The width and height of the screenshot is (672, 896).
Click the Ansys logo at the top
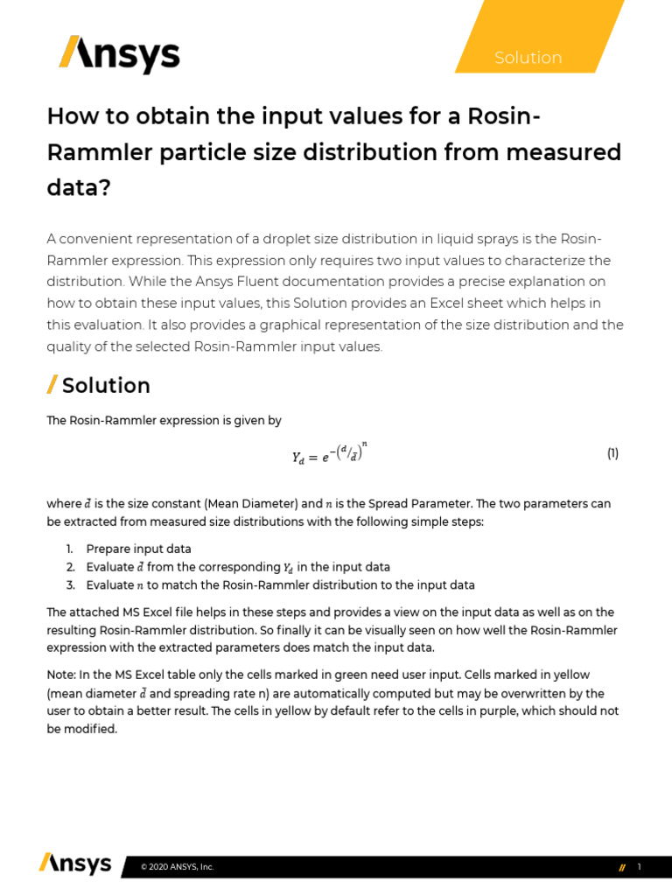coord(119,54)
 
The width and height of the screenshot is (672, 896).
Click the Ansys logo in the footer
coord(75,864)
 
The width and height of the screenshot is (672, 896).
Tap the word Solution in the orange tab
coord(528,58)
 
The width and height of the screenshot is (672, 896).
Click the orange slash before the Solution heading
coord(52,385)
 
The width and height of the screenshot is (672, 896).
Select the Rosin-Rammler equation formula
coord(335,454)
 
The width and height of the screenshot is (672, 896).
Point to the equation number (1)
coord(612,453)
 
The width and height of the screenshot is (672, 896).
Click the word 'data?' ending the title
coord(78,187)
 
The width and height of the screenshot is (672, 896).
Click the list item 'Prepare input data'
coord(138,549)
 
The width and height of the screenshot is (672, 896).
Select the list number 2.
coord(69,567)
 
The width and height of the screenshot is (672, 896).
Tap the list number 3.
coord(69,584)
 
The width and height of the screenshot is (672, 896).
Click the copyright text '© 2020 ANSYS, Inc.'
coord(178,867)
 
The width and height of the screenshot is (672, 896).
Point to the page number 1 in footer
coord(640,866)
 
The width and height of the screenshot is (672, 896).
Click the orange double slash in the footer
coord(621,867)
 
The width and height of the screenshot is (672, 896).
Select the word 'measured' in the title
coord(567,152)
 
